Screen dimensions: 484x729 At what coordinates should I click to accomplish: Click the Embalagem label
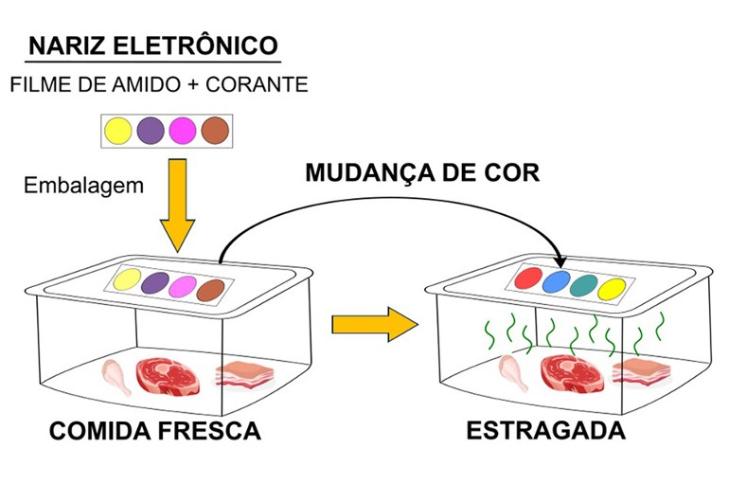82,185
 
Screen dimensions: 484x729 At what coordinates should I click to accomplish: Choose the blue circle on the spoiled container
558,282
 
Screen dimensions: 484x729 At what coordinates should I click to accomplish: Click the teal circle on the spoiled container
585,285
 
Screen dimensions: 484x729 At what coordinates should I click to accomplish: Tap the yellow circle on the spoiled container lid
613,288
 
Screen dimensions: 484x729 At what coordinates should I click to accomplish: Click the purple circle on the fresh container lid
153,282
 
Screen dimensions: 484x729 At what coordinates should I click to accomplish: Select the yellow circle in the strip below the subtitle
118,130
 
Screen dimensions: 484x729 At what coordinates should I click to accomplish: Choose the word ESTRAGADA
545,431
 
